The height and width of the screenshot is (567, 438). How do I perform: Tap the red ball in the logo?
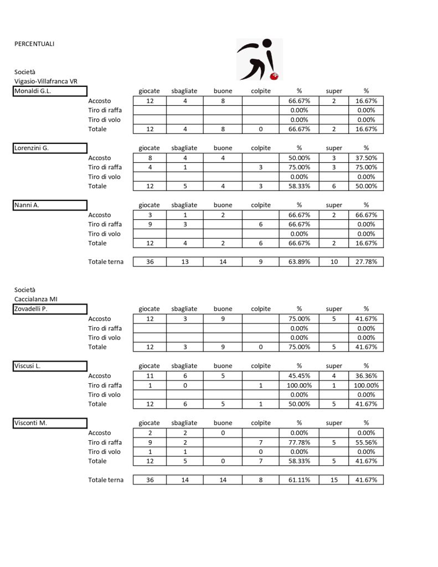coord(274,75)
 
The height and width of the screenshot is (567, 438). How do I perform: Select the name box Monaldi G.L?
coord(50,91)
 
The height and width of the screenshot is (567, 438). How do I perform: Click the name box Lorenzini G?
coord(50,148)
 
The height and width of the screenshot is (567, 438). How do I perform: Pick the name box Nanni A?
coord(50,205)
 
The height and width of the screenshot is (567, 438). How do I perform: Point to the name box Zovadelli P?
coord(50,309)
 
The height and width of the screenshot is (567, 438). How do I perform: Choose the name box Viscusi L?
coord(50,366)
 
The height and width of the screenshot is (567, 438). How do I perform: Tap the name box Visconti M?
coord(50,423)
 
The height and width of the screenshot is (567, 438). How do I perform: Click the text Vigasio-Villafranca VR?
coord(46,81)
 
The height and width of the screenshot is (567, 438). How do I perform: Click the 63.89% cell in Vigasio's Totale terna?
coord(299,262)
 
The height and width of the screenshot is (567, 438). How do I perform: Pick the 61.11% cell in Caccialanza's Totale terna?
coord(299,480)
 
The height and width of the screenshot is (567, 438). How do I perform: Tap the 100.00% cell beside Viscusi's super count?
coord(366,385)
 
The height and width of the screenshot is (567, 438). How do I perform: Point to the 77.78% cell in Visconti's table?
coord(299,442)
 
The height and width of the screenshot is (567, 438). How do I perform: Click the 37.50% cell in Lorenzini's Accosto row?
coord(366,158)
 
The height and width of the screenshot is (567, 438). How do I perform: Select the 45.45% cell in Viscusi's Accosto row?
coord(299,375)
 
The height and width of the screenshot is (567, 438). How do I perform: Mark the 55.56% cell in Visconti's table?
coord(366,442)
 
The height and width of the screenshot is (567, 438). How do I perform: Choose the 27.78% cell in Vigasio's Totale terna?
coord(366,262)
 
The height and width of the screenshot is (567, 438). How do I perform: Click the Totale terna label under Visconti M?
coord(106,480)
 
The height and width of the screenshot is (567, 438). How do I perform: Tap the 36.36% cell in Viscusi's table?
coord(366,375)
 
